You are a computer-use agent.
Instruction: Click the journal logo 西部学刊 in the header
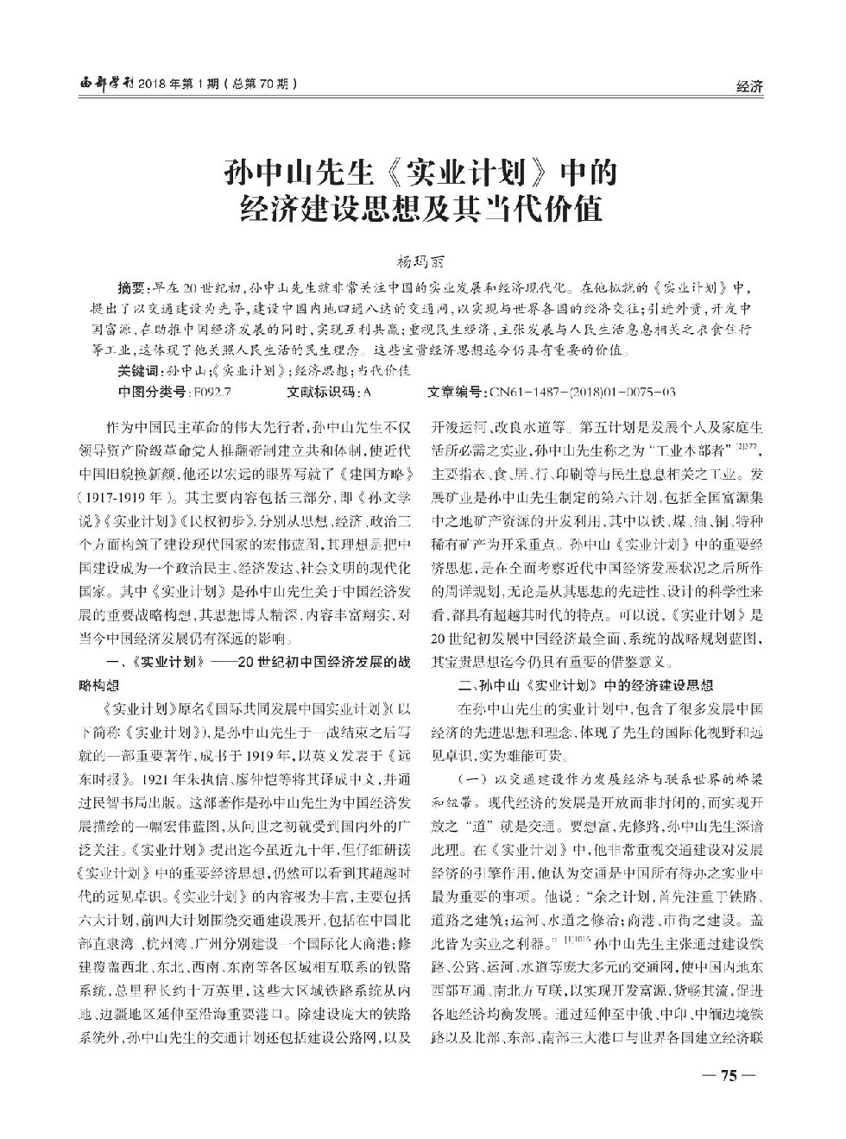101,85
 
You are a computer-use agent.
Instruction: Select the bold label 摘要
132,287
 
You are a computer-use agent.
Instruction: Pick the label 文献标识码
324,393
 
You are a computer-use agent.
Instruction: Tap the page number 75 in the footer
727,1076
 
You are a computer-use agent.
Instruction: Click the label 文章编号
458,393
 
